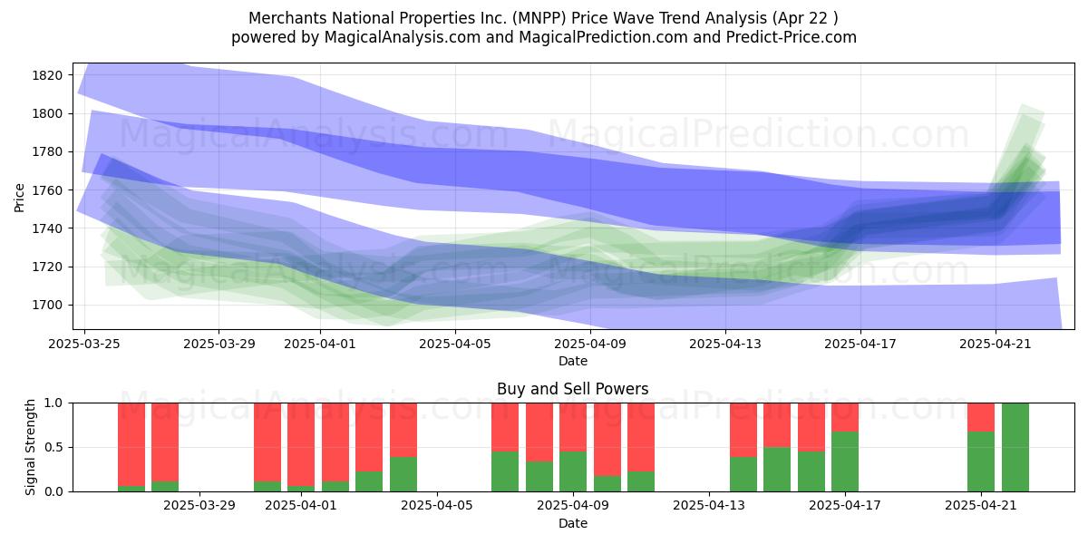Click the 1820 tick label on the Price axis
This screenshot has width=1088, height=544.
[x=47, y=75]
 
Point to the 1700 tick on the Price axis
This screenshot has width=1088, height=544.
[x=47, y=305]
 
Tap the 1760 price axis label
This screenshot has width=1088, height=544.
[x=47, y=190]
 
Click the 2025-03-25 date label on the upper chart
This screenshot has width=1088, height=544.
[x=84, y=344]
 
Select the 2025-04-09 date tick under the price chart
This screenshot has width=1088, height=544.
[x=590, y=344]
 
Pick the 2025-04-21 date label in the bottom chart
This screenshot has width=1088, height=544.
[x=981, y=505]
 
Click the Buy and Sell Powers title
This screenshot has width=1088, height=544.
[x=573, y=389]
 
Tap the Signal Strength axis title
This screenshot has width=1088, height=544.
[x=30, y=447]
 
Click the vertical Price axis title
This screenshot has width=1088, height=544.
[x=19, y=198]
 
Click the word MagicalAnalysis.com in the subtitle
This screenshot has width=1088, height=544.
[x=403, y=37]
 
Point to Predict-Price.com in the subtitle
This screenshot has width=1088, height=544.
[x=792, y=37]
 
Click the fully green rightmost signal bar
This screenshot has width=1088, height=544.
[x=1015, y=447]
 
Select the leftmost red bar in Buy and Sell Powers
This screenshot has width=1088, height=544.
[x=131, y=444]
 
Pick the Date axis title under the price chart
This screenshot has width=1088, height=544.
[x=573, y=361]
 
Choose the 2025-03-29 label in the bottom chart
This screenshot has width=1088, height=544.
[x=199, y=505]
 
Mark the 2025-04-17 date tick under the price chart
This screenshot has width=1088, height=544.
[x=860, y=344]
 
